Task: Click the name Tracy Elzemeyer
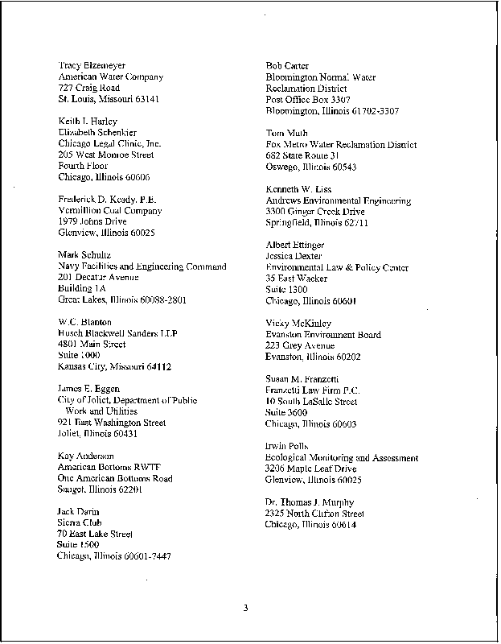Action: (x=92, y=65)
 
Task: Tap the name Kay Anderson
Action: (x=86, y=456)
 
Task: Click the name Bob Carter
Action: (x=287, y=65)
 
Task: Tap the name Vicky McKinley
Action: (x=298, y=323)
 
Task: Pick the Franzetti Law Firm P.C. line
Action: (x=312, y=390)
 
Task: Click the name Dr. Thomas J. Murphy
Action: (x=314, y=502)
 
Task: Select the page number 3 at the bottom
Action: (x=246, y=607)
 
